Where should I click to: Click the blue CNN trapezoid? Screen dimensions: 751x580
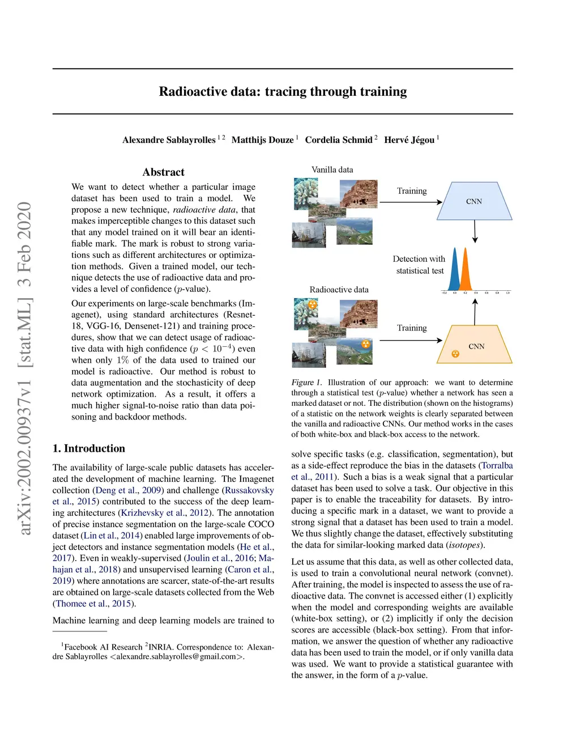click(474, 201)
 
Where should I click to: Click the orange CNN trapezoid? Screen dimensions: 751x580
click(475, 345)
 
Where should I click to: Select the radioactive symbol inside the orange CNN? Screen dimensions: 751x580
click(455, 354)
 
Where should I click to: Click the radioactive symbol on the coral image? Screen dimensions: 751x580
click(312, 305)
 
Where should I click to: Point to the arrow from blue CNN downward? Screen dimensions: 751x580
click(475, 231)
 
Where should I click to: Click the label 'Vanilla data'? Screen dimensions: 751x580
click(332, 169)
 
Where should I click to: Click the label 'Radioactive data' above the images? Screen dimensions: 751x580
click(339, 290)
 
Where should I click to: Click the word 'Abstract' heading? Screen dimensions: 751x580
click(163, 172)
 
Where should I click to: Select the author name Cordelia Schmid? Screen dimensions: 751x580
click(339, 140)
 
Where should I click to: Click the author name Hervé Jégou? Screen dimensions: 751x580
click(409, 140)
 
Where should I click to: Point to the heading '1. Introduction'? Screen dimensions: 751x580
click(89, 448)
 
